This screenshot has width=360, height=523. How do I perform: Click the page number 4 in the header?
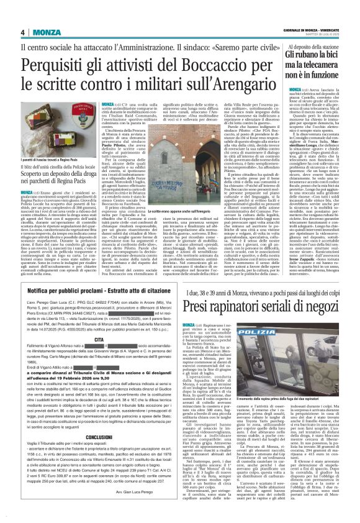[22, 32]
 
